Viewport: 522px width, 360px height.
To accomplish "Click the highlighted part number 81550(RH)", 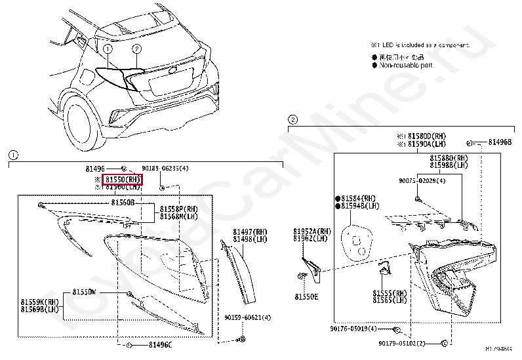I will (123, 179).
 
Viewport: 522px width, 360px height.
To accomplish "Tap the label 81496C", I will (160, 345).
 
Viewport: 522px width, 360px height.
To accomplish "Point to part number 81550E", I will (306, 296).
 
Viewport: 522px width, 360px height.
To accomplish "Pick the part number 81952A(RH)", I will (312, 231).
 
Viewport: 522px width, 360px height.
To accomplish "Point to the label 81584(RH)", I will (359, 198).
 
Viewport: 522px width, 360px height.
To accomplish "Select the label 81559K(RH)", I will (40, 302).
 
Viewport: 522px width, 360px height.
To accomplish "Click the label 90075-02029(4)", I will (421, 180).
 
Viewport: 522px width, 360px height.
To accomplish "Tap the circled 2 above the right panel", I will (292, 119).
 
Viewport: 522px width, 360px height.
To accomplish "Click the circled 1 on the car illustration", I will (107, 49).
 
